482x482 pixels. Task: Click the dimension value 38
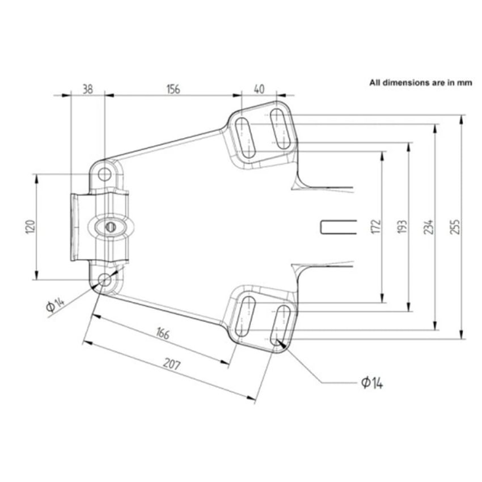point(87,88)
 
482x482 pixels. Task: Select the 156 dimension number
point(173,88)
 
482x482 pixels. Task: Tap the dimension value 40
point(259,88)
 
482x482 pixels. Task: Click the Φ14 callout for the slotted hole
point(371,383)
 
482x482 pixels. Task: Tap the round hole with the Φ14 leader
point(105,280)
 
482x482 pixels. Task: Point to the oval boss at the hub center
point(111,227)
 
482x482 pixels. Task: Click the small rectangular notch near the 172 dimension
point(338,226)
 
